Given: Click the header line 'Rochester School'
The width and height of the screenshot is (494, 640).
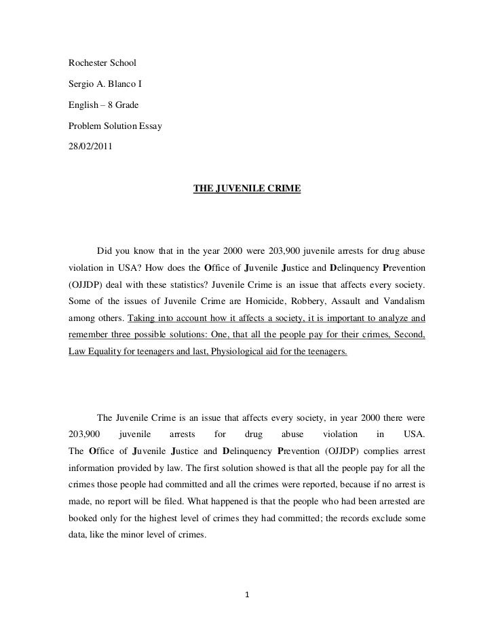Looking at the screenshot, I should click(x=102, y=63).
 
